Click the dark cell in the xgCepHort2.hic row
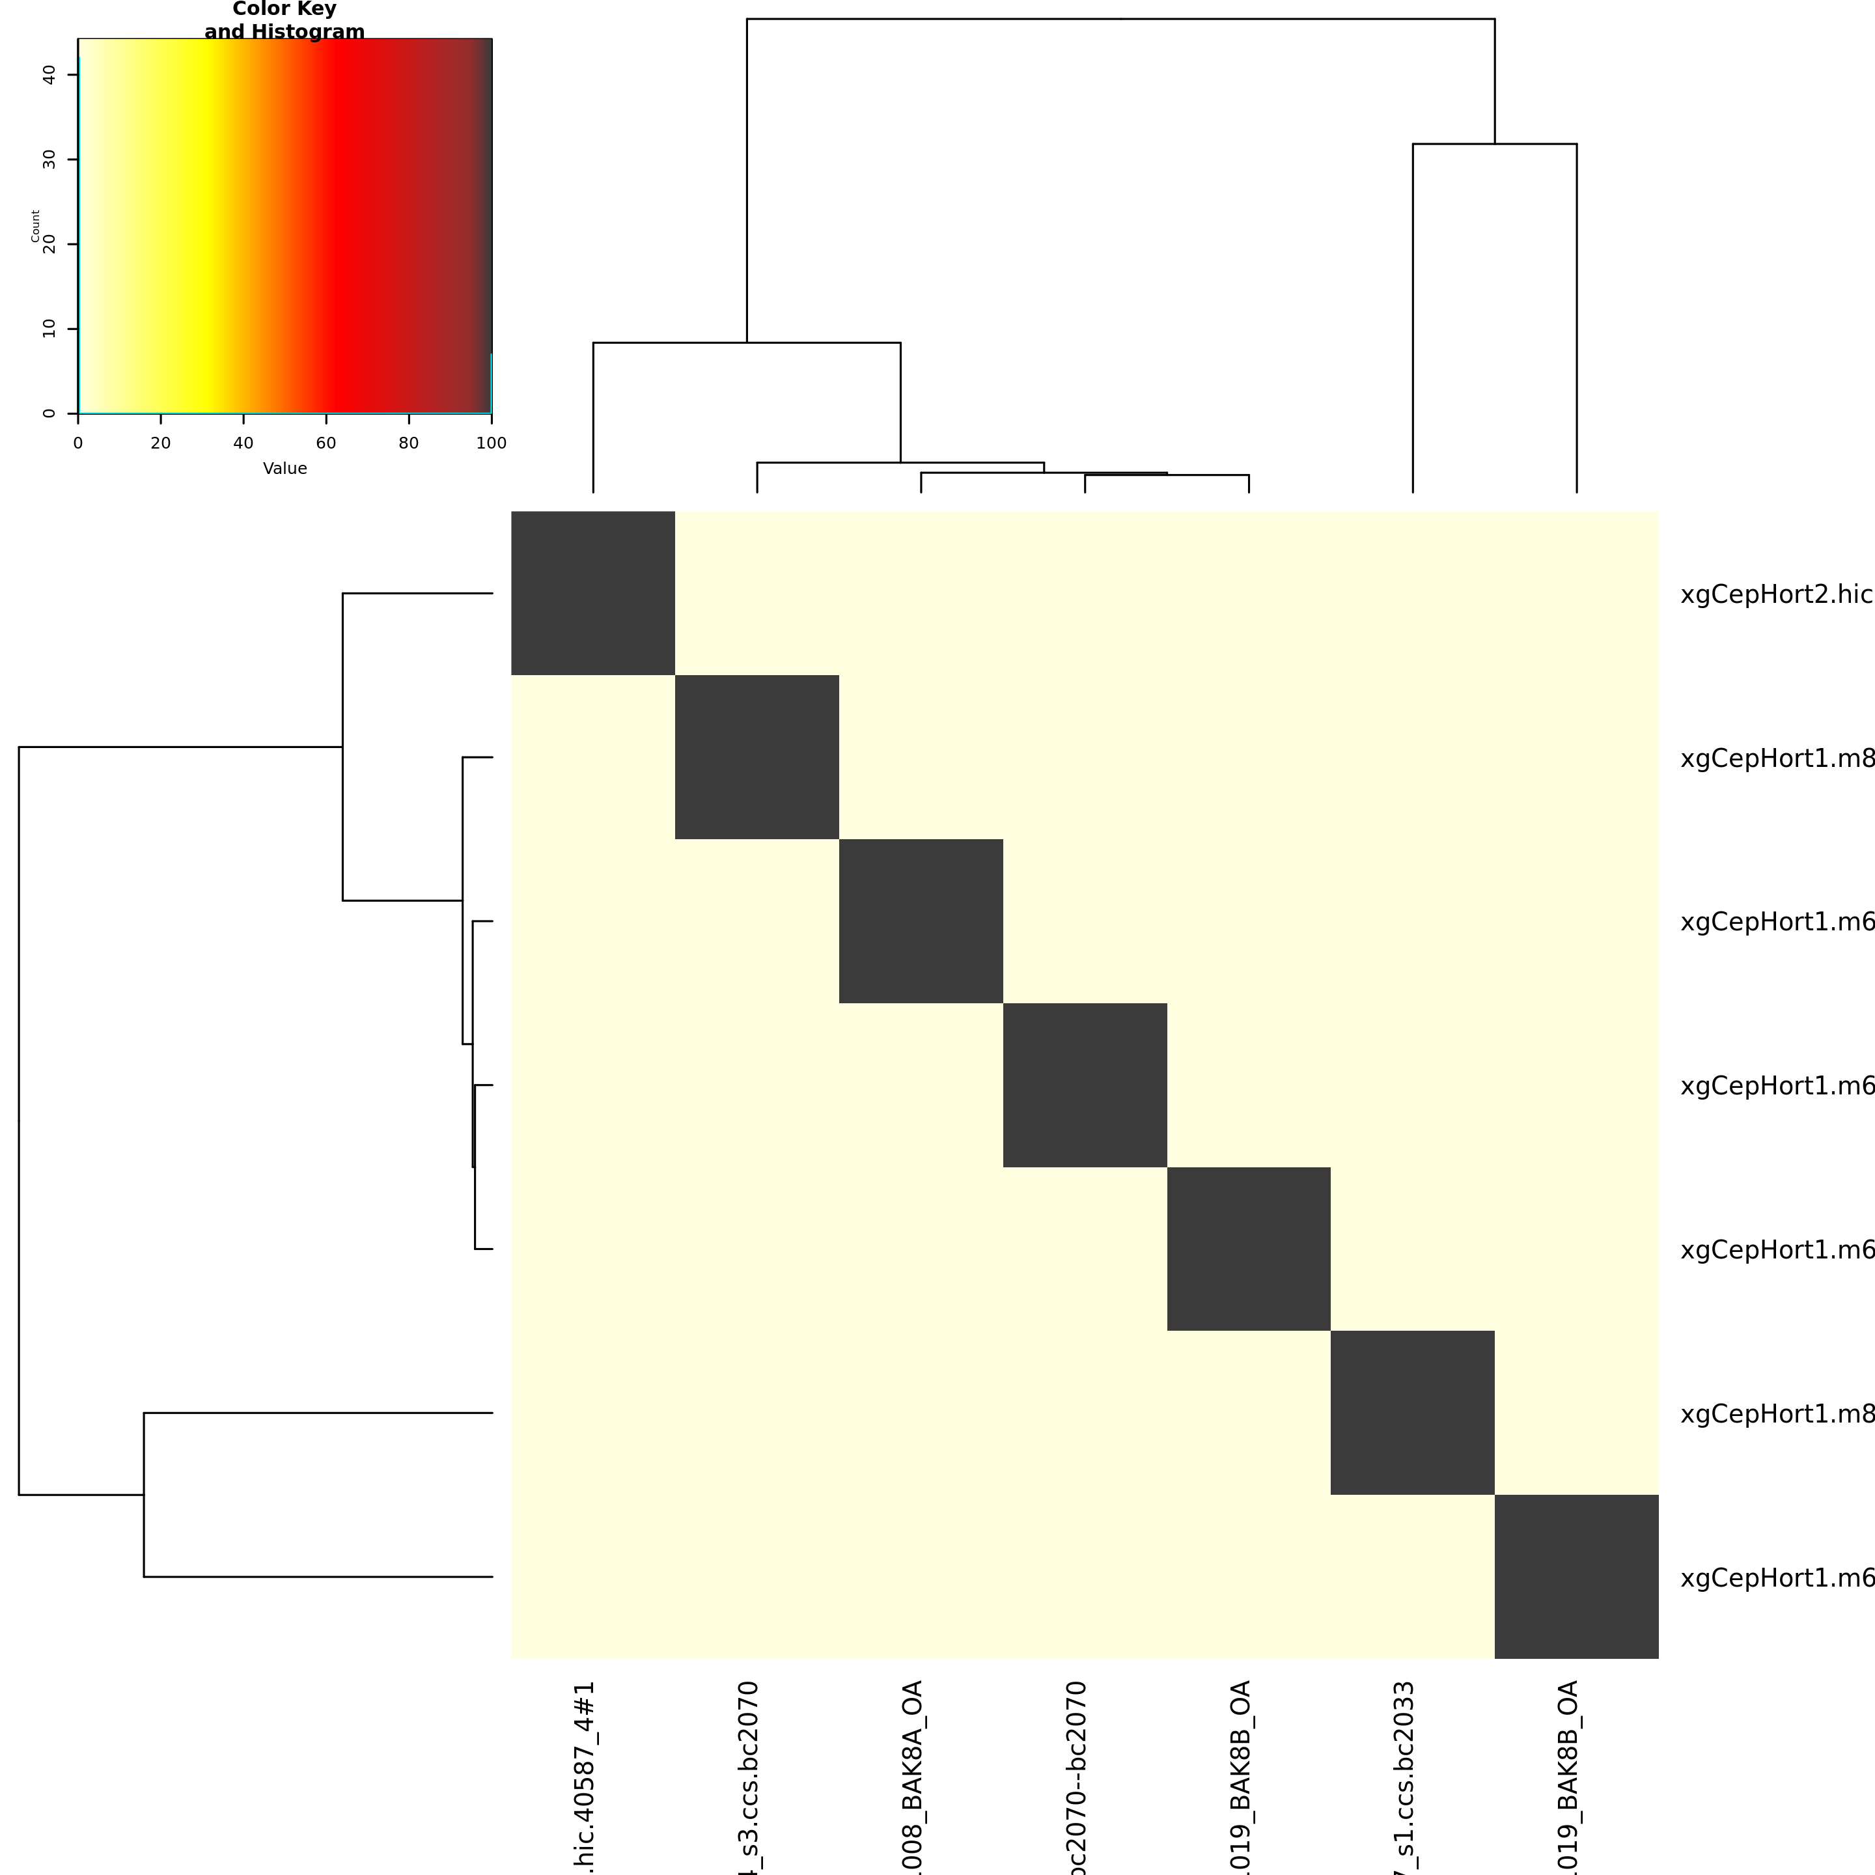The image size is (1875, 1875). (x=593, y=593)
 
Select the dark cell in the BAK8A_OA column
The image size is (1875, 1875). (x=921, y=921)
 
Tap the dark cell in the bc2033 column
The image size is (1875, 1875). (x=1412, y=1412)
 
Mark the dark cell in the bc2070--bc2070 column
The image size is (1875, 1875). (x=1085, y=1085)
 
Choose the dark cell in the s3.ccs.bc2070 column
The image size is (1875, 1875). (x=757, y=757)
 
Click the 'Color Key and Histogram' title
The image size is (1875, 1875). (x=285, y=20)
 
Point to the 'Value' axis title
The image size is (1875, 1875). (x=285, y=469)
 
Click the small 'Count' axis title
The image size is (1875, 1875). (x=35, y=225)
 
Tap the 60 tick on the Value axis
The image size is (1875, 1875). (x=326, y=443)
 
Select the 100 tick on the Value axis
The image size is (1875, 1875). (x=491, y=443)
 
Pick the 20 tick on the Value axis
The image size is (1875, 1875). (x=160, y=443)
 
